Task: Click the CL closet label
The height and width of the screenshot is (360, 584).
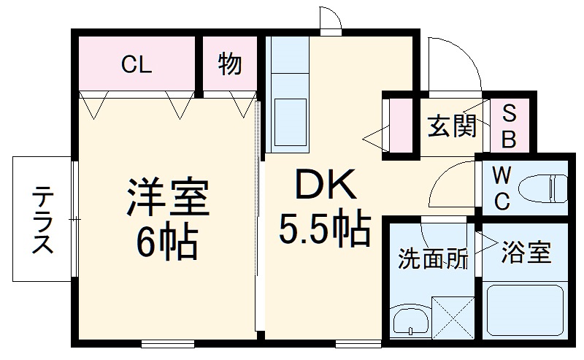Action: pyautogui.click(x=137, y=66)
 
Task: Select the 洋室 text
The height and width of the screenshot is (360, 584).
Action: pyautogui.click(x=167, y=196)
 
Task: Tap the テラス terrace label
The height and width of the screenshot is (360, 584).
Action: pyautogui.click(x=43, y=219)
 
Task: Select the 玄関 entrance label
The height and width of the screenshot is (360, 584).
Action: pyautogui.click(x=452, y=126)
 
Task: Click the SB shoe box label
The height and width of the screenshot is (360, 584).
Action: pyautogui.click(x=510, y=126)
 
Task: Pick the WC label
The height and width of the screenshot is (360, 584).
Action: pyautogui.click(x=500, y=188)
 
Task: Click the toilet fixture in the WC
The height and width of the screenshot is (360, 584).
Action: pyautogui.click(x=543, y=188)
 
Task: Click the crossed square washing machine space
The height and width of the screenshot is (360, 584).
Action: pyautogui.click(x=453, y=318)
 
